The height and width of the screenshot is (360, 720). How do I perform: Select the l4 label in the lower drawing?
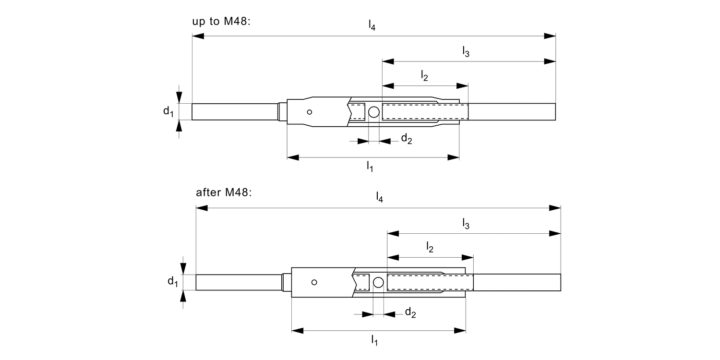379,197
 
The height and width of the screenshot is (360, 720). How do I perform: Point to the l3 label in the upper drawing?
466,51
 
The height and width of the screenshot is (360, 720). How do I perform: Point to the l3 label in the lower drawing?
466,223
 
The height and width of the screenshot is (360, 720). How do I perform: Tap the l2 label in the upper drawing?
424,75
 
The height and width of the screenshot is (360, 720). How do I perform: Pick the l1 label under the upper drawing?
370,167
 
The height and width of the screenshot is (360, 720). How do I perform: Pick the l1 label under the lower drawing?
374,340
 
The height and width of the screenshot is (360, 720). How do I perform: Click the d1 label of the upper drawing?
168,112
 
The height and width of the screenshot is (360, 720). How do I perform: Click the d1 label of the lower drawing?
173,282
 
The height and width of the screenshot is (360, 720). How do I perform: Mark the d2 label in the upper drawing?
407,139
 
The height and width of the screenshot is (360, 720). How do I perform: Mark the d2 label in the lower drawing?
410,313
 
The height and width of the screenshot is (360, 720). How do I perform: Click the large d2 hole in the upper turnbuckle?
373,112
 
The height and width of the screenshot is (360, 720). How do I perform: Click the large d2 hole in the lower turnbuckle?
378,282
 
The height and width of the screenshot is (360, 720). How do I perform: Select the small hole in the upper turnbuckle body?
310,112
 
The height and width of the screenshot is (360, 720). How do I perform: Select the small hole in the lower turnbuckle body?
314,282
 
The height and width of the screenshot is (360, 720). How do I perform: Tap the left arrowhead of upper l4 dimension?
198,36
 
